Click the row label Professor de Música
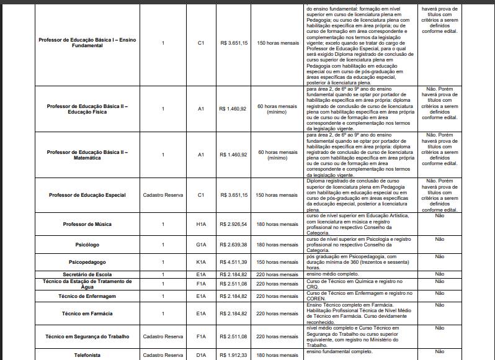pyautogui.click(x=87, y=223)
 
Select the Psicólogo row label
pyautogui.click(x=87, y=245)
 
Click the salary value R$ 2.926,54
pyautogui.click(x=233, y=223)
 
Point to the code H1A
pyautogui.click(x=201, y=223)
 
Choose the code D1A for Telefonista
pyautogui.click(x=201, y=355)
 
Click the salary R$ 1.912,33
pyautogui.click(x=233, y=355)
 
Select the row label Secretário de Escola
pyautogui.click(x=87, y=274)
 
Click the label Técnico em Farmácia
pyautogui.click(x=87, y=314)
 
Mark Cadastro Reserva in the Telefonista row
pyautogui.click(x=163, y=355)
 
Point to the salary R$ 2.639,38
pyautogui.click(x=233, y=245)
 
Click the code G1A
pyautogui.click(x=201, y=245)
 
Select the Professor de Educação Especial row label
pyautogui.click(x=87, y=195)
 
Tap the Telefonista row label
pyautogui.click(x=87, y=355)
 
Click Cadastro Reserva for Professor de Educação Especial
pyautogui.click(x=163, y=195)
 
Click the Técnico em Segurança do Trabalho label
pyautogui.click(x=87, y=336)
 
